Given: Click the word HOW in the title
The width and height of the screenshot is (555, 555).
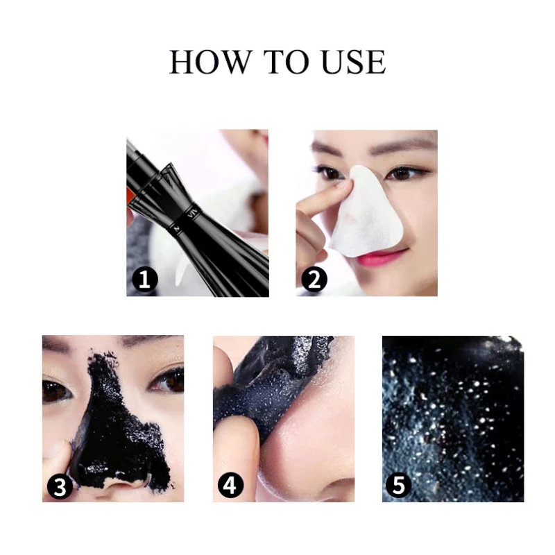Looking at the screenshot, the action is (x=210, y=62).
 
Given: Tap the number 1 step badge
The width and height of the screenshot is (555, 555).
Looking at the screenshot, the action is (x=145, y=280).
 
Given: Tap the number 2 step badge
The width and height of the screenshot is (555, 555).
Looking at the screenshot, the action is (x=314, y=280).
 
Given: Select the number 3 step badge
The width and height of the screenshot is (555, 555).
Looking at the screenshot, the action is (x=60, y=486).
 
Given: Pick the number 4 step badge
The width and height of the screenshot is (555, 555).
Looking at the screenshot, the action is (x=230, y=485).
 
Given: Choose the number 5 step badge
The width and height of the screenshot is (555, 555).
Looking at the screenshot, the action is (x=399, y=485).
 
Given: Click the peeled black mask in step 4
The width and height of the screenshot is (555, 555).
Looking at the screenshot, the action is (x=273, y=382).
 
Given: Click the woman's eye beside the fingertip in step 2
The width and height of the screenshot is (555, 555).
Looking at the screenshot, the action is (x=331, y=173).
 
